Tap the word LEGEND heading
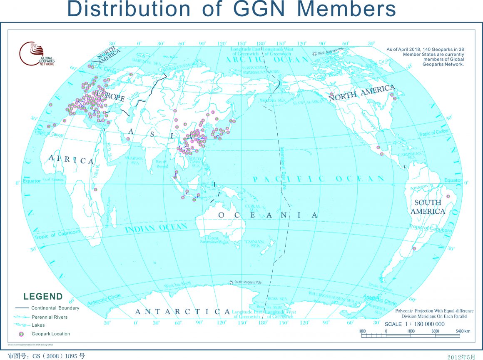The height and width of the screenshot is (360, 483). click(x=43, y=297)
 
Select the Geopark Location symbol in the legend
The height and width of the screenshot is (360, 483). click(x=21, y=334)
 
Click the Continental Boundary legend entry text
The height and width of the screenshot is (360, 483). click(x=55, y=308)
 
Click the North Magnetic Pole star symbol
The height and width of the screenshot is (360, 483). click(x=315, y=53)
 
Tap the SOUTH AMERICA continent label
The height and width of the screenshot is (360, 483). click(x=428, y=207)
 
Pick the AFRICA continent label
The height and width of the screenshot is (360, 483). click(x=71, y=160)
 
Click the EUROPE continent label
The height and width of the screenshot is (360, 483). click(x=110, y=95)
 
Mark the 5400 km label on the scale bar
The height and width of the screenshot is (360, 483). click(x=463, y=331)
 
